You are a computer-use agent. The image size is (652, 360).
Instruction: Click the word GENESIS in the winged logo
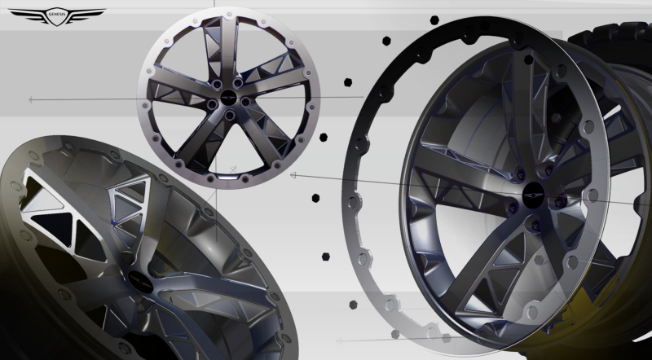click(57, 14)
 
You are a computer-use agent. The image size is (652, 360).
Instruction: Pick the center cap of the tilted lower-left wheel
click(139, 282)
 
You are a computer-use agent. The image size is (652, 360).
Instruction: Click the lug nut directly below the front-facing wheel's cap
click(229, 114)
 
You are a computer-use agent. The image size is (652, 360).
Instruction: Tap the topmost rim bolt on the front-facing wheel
click(229, 14)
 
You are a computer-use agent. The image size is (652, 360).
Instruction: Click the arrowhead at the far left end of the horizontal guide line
click(31, 99)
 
